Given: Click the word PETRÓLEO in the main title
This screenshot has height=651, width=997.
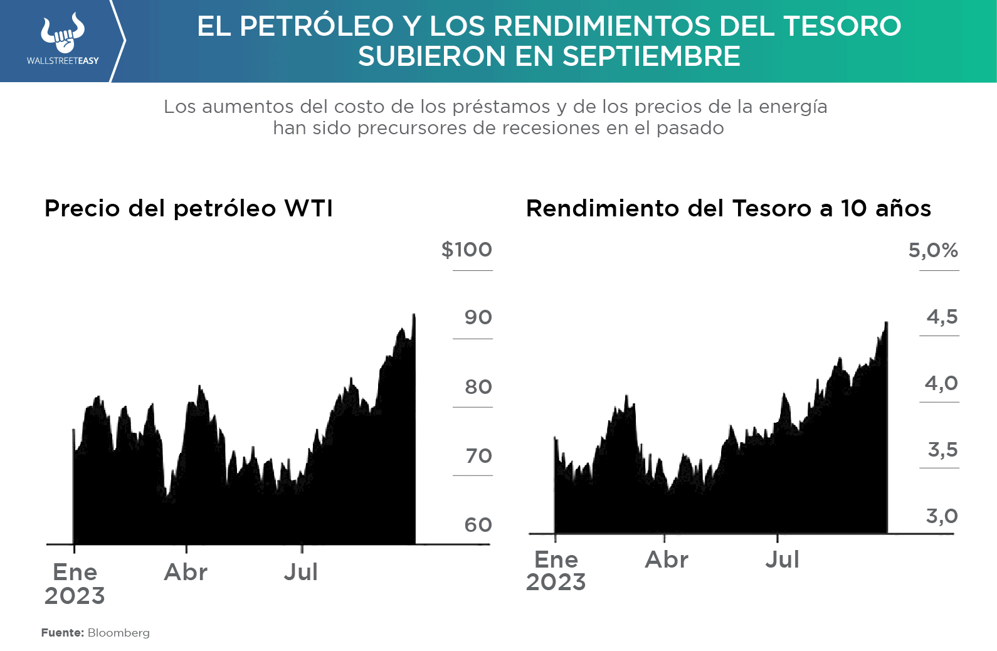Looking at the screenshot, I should point(317,26).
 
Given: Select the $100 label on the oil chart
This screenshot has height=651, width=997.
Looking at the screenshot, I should point(467,250).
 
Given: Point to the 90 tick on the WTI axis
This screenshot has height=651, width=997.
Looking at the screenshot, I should point(478,317).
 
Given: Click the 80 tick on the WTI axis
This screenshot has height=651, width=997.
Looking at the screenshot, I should point(478,387).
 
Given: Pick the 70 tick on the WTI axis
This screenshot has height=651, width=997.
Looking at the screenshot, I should point(478,456).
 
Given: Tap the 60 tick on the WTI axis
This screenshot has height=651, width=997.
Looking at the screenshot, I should point(478,525).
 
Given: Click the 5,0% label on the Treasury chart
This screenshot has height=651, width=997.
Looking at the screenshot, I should point(933,251).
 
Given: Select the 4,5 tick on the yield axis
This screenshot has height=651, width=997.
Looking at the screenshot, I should point(942,317).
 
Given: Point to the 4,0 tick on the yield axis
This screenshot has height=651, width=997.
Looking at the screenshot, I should point(941,383).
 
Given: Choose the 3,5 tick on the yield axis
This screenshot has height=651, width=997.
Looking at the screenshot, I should point(942,450).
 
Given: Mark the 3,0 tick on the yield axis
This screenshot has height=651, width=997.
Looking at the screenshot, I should point(942,516).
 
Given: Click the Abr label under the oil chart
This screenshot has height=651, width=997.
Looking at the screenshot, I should point(186,573).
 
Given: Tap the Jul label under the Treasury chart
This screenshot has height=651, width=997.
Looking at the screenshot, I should point(782,559).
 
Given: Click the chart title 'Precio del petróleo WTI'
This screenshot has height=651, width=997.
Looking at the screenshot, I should point(188,209).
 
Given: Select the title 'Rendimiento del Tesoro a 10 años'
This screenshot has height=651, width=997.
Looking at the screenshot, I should point(728,209).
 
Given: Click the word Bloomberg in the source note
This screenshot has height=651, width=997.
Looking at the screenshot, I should point(119,633).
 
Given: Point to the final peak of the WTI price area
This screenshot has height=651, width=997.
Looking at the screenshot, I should point(414,315).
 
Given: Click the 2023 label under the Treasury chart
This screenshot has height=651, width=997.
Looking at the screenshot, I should point(556,583).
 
